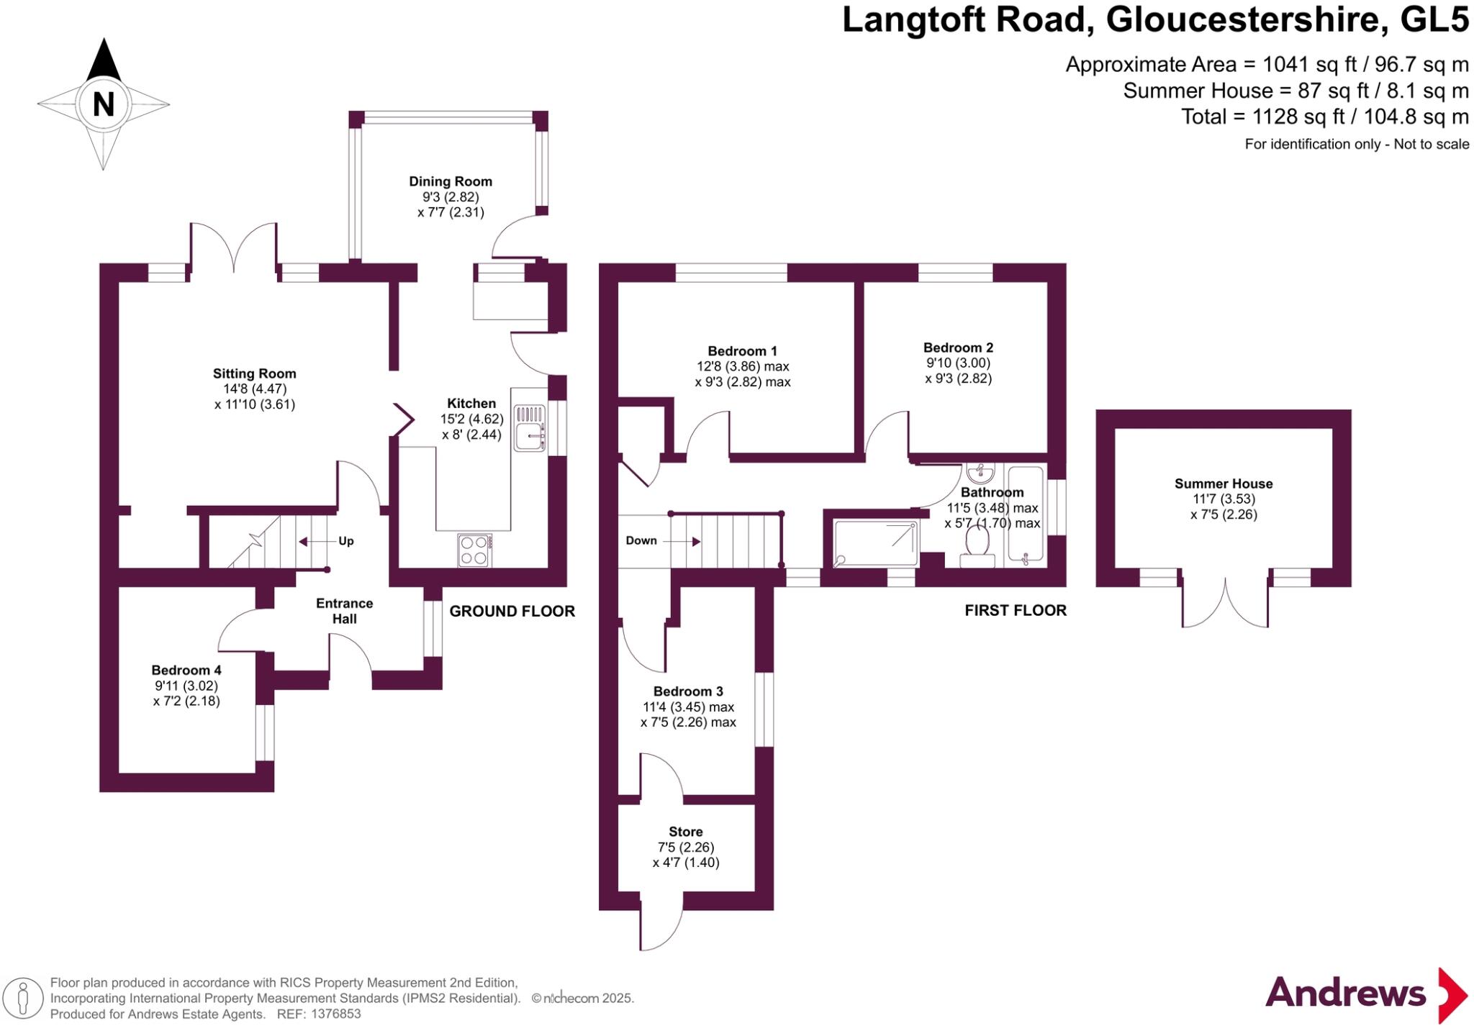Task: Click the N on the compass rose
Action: pos(104,104)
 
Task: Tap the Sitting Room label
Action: pos(254,373)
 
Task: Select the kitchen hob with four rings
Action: pos(474,550)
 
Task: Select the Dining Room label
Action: pos(451,181)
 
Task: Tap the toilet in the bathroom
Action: pos(977,545)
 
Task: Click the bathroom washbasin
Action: pos(980,473)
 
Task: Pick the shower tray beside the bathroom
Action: pos(875,543)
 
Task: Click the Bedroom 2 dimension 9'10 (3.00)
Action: pos(958,363)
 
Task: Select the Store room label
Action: pos(685,831)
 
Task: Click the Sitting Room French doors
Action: pos(234,248)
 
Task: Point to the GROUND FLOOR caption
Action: pos(512,612)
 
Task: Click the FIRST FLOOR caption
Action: pos(1015,611)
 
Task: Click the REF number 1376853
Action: pos(335,1014)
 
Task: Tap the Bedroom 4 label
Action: pos(186,670)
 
